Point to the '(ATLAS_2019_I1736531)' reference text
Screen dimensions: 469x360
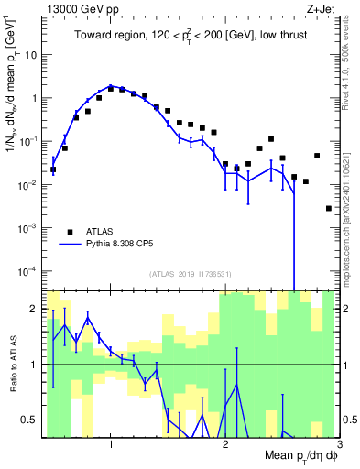(x=190, y=273)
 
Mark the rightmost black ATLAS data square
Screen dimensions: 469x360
(x=329, y=208)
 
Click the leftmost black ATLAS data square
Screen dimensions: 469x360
(x=53, y=169)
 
